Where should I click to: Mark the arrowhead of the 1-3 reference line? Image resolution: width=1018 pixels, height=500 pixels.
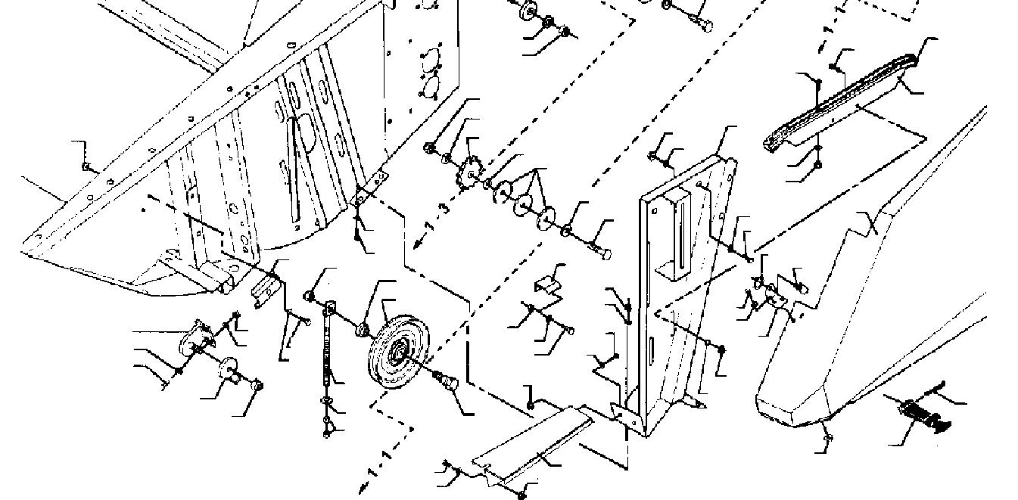tap(418, 244)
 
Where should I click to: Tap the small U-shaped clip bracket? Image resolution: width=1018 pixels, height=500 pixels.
tap(546, 285)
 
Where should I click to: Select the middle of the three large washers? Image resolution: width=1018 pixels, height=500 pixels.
tap(522, 203)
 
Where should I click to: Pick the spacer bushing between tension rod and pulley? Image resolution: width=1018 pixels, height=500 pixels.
tap(363, 328)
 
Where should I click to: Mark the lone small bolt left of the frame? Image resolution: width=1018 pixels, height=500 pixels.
tap(87, 166)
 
